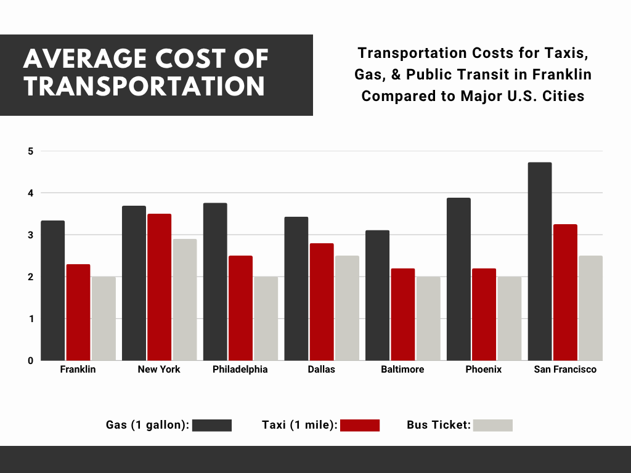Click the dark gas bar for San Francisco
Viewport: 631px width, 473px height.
(540, 262)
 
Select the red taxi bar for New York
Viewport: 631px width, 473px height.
(159, 287)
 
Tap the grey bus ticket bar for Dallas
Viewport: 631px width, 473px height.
(347, 308)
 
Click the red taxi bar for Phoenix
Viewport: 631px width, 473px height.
(484, 314)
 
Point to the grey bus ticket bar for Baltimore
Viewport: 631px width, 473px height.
(428, 318)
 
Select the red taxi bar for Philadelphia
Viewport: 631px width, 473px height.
(240, 308)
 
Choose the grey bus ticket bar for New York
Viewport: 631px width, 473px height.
(185, 299)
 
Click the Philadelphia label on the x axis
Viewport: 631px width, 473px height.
(240, 370)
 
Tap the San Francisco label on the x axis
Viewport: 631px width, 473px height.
(565, 370)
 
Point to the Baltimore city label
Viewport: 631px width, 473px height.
(402, 370)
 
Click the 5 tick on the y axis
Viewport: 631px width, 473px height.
(30, 151)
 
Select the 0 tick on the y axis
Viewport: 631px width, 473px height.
(30, 360)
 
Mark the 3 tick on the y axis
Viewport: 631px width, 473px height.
(30, 235)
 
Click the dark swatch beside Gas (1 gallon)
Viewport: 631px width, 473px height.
(212, 425)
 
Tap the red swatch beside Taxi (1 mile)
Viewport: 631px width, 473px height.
(360, 425)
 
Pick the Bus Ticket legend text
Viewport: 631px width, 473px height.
(438, 425)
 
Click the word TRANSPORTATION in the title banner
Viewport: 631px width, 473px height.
(145, 86)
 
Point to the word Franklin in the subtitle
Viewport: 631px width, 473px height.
(562, 75)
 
